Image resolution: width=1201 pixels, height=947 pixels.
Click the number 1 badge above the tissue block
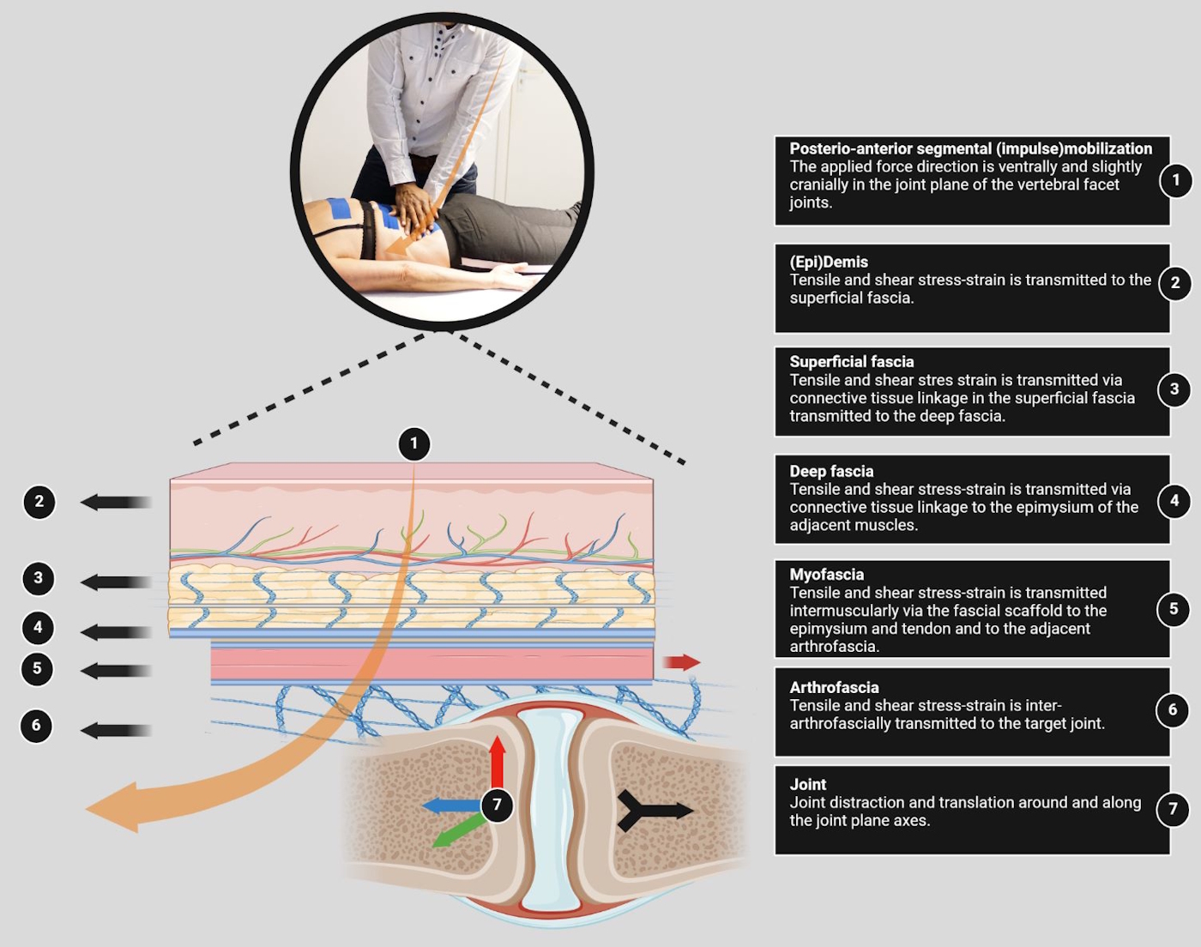point(414,443)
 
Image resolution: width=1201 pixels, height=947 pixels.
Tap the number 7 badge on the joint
point(497,805)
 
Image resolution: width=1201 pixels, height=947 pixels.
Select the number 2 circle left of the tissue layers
point(39,502)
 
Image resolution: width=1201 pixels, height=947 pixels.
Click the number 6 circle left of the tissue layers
point(36,726)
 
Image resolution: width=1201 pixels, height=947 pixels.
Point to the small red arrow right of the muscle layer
point(682,662)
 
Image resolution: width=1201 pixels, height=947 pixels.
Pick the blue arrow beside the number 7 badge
point(450,805)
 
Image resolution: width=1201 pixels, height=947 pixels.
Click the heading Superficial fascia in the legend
point(852,362)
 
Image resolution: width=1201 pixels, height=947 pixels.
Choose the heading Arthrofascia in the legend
point(834,687)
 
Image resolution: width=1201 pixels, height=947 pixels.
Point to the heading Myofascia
point(827,574)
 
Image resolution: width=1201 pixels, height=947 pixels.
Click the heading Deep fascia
point(831,471)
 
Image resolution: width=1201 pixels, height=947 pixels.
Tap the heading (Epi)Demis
point(829,262)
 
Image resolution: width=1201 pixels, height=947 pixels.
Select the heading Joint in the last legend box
point(808,784)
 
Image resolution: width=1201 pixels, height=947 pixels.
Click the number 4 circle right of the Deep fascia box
point(1174,500)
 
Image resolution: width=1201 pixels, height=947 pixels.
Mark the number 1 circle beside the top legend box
point(1175,180)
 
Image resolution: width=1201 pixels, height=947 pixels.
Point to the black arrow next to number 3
point(116,582)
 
